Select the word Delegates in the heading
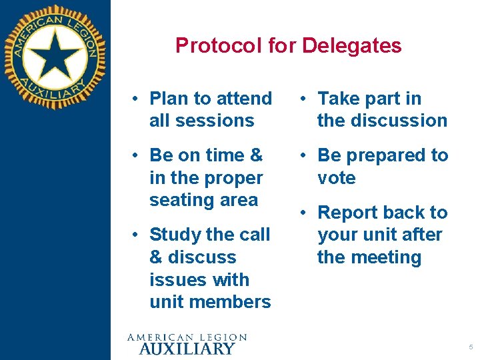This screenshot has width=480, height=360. coord(351,45)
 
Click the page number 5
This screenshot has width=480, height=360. coord(471,347)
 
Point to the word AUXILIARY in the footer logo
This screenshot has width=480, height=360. coord(187,348)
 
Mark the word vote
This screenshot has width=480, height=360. coord(337,178)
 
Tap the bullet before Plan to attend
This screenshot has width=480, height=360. coord(135,99)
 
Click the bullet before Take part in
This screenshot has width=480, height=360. coord(303,99)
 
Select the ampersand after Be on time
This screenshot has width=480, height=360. coord(256,155)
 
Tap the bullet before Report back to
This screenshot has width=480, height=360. coord(303,213)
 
